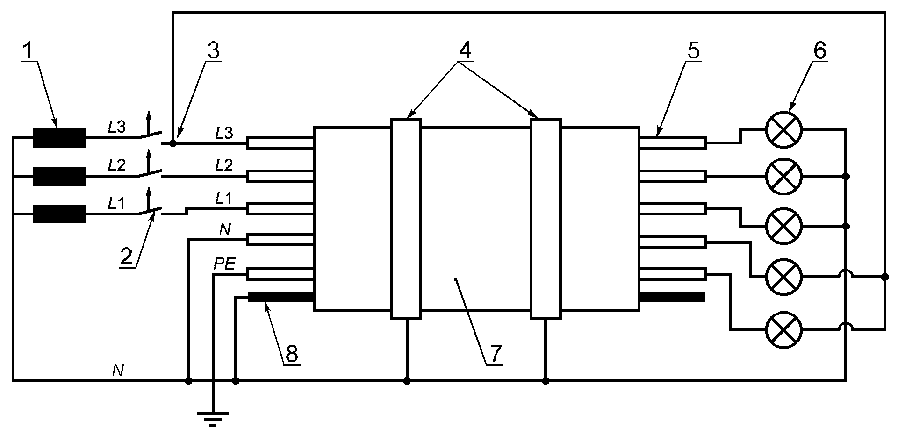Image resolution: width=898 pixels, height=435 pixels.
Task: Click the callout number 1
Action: (29, 50)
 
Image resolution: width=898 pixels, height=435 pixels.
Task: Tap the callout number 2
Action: (127, 257)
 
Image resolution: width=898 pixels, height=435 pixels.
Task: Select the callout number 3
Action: (213, 50)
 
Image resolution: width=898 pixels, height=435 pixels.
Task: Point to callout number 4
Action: (464, 50)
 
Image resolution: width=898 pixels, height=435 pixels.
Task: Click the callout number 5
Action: (693, 50)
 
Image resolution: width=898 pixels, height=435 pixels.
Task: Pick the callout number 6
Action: (819, 50)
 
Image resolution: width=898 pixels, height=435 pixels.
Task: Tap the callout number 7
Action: (495, 354)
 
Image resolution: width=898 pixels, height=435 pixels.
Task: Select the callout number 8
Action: (291, 354)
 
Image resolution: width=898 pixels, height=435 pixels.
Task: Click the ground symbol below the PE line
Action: (213, 419)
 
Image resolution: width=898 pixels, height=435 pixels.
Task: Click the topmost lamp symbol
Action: (784, 129)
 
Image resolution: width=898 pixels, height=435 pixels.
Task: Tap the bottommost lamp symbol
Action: (784, 330)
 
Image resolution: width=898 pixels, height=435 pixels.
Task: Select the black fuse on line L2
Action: (59, 176)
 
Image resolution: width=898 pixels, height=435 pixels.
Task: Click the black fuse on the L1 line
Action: (59, 214)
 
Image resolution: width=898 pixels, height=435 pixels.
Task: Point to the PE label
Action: (224, 265)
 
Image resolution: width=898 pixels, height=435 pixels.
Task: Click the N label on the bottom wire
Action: (118, 371)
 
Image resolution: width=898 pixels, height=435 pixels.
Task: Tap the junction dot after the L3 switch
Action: (172, 143)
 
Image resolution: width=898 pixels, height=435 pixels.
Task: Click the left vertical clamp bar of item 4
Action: (406, 218)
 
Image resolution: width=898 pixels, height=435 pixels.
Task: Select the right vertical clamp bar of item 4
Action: (546, 218)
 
